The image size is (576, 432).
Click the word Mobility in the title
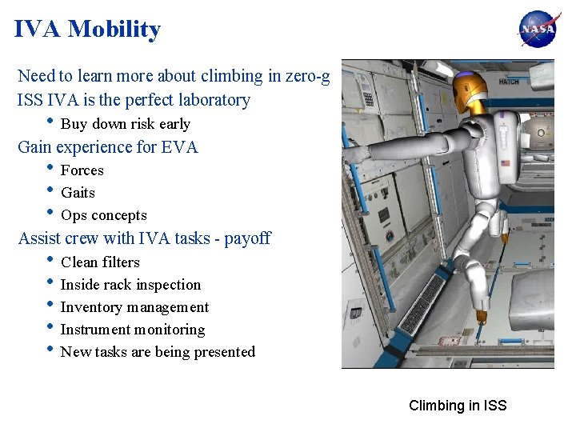[114, 30]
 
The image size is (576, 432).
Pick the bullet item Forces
[82, 170]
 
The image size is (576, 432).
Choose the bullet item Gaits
[78, 193]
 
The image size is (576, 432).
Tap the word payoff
[247, 238]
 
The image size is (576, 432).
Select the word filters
[120, 262]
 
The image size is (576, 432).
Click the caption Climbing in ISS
[458, 406]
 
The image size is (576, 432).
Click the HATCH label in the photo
[509, 81]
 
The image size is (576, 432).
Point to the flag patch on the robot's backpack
[505, 164]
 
